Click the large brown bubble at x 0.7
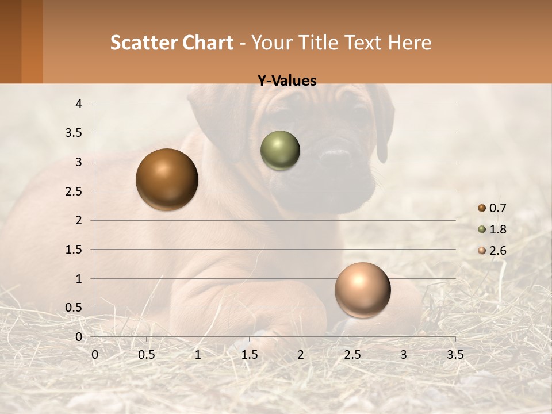(167, 179)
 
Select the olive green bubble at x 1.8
(280, 150)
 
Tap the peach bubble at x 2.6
(362, 290)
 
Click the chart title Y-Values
(286, 81)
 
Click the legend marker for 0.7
(482, 208)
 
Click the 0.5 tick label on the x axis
(146, 355)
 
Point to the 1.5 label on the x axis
(249, 355)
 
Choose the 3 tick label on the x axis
(404, 355)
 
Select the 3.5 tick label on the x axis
(455, 355)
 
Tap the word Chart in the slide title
(208, 43)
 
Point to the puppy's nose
(335, 156)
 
